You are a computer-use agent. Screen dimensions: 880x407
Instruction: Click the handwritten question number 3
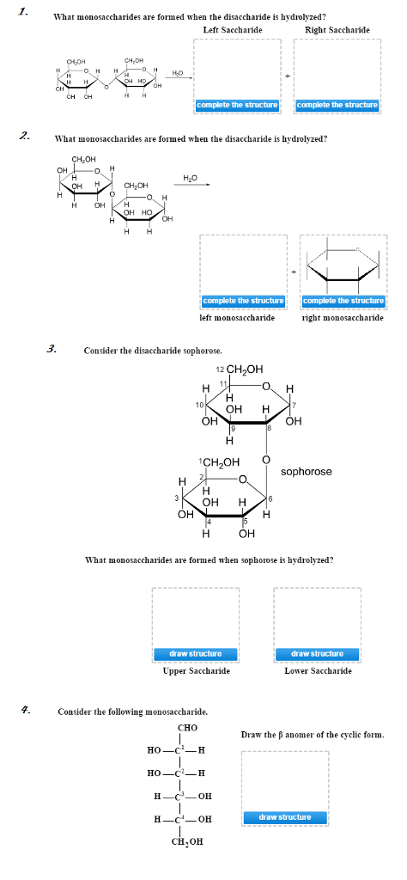[51, 348]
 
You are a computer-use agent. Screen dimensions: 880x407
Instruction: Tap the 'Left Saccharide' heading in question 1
[232, 30]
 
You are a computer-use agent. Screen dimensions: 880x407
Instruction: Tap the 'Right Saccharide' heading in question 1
[337, 30]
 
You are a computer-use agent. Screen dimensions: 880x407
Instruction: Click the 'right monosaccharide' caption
[343, 318]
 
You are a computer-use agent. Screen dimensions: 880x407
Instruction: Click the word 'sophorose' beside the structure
[306, 472]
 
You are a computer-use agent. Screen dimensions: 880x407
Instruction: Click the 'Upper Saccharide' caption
[196, 670]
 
